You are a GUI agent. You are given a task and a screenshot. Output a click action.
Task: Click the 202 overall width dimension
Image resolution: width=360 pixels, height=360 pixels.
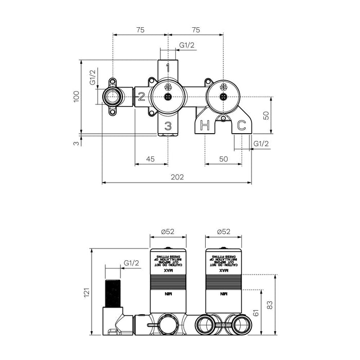coord(176,177)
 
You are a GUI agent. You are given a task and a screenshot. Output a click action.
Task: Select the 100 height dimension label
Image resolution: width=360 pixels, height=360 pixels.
coord(76,96)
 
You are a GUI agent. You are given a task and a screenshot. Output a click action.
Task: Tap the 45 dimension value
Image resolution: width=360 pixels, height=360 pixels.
coord(151,159)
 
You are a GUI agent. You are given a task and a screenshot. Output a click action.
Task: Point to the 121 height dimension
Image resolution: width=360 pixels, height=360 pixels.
coord(87,293)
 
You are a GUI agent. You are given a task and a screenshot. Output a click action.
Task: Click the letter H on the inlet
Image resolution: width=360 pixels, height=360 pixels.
coord(205,124)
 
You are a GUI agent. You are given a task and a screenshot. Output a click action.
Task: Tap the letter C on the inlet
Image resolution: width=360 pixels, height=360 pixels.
coord(240,124)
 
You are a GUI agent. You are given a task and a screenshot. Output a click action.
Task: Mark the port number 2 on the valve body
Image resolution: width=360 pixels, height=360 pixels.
coord(140,96)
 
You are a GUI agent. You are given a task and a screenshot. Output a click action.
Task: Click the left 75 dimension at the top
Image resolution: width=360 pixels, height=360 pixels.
coord(140,30)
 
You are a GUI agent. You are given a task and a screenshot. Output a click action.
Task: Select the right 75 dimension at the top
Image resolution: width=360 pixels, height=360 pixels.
coord(196,30)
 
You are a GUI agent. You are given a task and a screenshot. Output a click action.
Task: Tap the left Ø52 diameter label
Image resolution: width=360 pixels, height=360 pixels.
coord(167,232)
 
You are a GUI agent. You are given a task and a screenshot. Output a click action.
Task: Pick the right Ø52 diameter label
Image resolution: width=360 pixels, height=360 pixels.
coord(223,232)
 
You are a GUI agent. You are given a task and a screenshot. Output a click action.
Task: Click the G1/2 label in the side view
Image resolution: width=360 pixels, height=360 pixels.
coord(132,263)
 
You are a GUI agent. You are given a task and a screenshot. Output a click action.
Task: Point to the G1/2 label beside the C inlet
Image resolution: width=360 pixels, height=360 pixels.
coord(261,144)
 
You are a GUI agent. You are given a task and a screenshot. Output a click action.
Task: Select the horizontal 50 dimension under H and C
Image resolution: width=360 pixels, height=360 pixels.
coord(223,159)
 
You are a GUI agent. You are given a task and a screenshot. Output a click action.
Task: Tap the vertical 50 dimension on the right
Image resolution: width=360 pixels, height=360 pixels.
coord(266,115)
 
